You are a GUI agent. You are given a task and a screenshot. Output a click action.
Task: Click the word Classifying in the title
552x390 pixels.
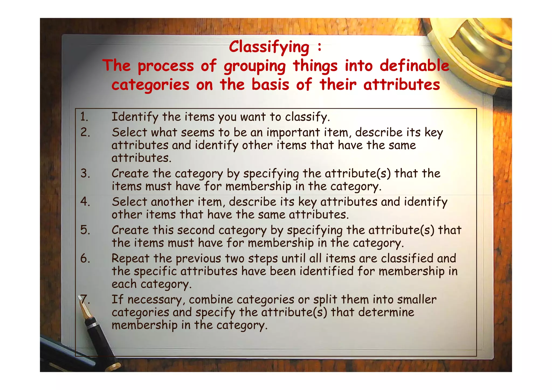(269, 47)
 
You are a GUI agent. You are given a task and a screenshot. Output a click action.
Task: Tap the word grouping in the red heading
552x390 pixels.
(255, 66)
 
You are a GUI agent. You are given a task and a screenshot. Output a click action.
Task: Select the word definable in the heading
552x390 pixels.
(414, 66)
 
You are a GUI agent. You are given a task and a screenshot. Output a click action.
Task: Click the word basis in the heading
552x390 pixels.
(270, 85)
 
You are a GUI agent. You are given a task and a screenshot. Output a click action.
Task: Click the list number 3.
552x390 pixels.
(85, 173)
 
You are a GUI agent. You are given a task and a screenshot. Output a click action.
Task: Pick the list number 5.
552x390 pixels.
(85, 230)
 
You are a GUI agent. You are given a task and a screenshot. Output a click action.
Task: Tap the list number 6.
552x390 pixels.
(85, 258)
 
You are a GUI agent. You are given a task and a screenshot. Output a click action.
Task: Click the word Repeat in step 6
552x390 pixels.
(130, 259)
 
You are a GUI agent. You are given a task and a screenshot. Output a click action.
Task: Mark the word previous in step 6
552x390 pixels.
(198, 259)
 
